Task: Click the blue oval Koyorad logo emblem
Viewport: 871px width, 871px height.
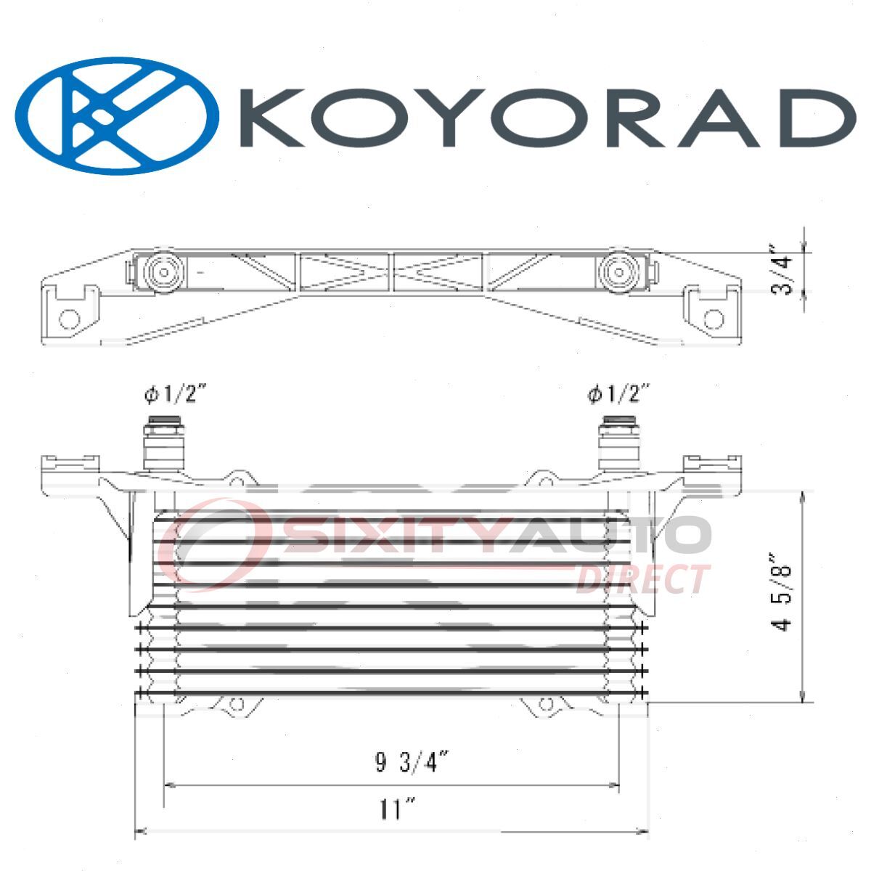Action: click(117, 116)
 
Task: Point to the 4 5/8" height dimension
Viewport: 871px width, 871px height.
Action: click(782, 594)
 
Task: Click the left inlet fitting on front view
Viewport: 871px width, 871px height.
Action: click(164, 444)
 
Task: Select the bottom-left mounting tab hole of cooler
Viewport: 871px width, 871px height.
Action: click(237, 705)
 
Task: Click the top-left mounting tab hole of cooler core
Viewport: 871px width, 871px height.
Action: click(237, 478)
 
